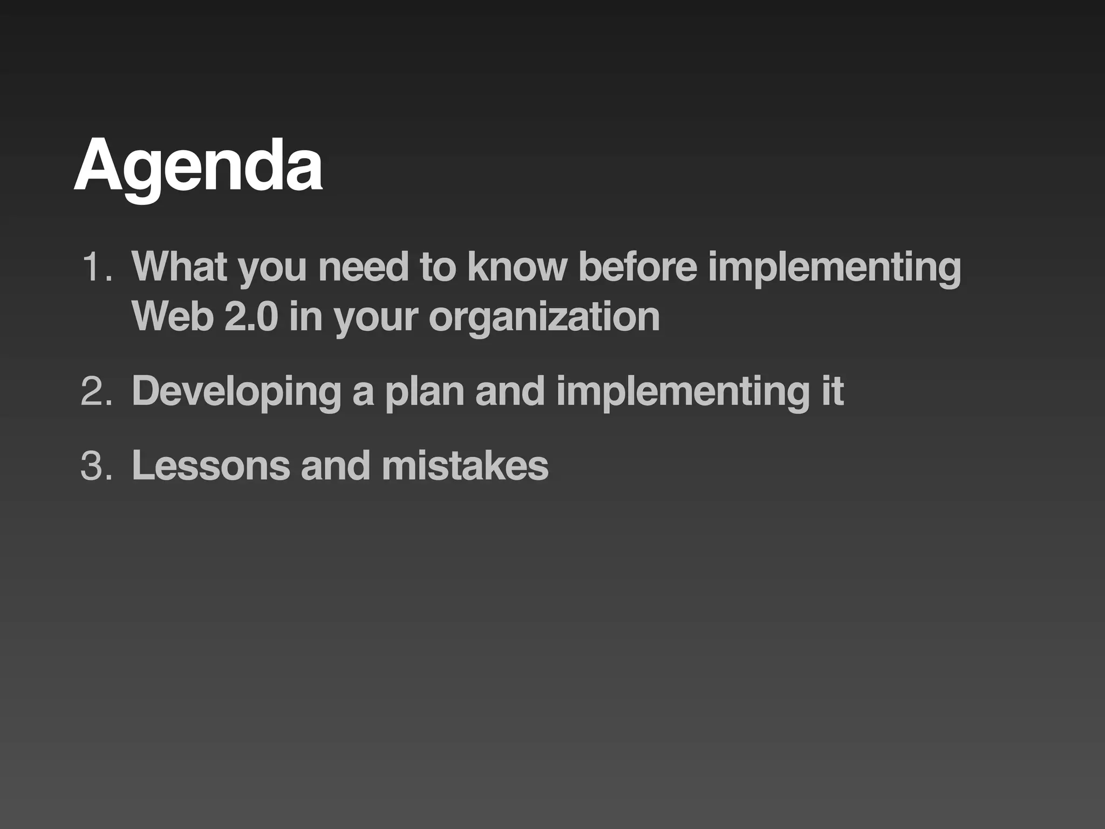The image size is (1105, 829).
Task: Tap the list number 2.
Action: click(96, 392)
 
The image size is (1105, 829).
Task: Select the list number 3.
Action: click(96, 466)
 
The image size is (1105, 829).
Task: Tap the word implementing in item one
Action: click(834, 267)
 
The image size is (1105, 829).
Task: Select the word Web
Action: click(172, 317)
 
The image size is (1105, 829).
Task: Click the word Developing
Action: click(236, 392)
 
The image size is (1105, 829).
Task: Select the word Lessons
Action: click(210, 466)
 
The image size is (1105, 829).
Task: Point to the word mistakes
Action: click(465, 466)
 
